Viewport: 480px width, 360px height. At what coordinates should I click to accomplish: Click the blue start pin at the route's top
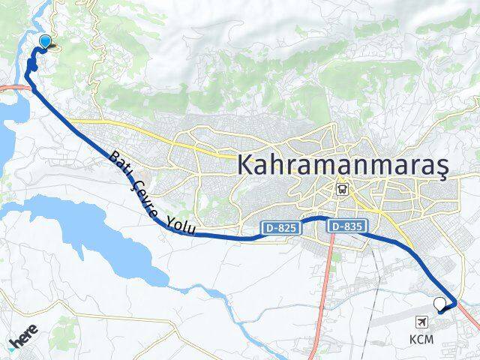click(x=45, y=43)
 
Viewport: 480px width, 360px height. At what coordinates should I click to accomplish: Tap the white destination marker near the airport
click(x=439, y=304)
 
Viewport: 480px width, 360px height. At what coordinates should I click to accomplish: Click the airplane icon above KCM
click(x=420, y=322)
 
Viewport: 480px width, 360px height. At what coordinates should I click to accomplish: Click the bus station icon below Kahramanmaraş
click(x=342, y=189)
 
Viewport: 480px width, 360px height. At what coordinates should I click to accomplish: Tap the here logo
click(x=24, y=340)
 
